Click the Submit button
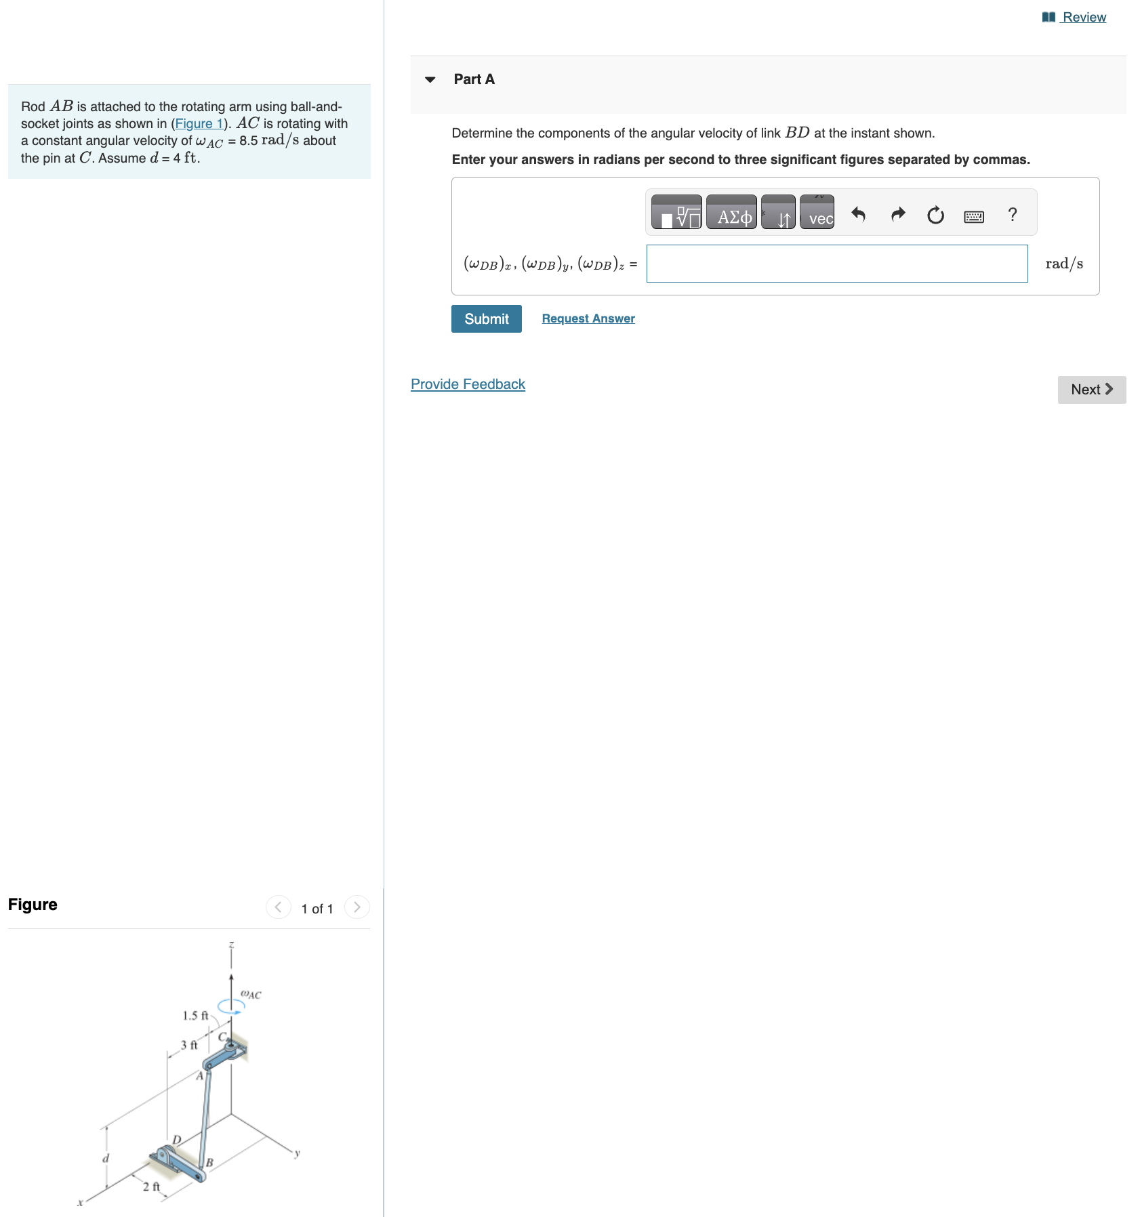click(486, 318)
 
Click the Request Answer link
click(588, 318)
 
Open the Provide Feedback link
click(468, 384)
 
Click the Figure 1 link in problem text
click(199, 123)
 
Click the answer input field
click(836, 264)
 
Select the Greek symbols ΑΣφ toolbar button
click(731, 213)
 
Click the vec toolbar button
click(817, 213)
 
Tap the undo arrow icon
click(859, 215)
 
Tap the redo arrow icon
click(897, 215)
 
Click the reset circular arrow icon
click(935, 215)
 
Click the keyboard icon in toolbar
click(974, 216)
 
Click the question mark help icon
click(1012, 215)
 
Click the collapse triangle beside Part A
click(430, 80)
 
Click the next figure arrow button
click(357, 907)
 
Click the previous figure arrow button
click(278, 907)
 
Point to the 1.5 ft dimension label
click(195, 1016)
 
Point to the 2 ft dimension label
click(151, 1187)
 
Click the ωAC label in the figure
click(251, 994)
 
